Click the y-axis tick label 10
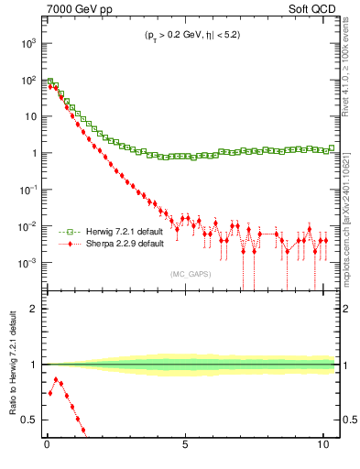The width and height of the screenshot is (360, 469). (31, 117)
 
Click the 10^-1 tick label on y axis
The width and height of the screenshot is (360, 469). (28, 190)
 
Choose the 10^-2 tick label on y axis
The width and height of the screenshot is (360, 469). (28, 226)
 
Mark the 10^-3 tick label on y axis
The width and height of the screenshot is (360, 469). (28, 263)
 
